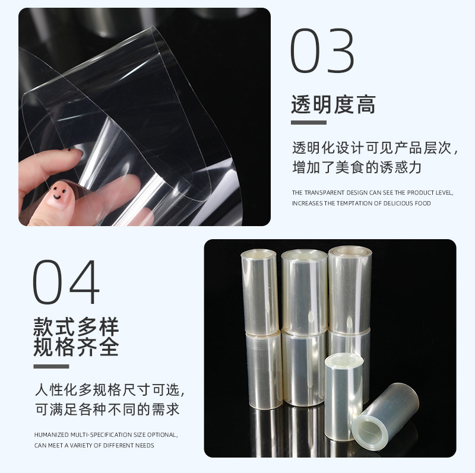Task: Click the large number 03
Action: [x=322, y=51]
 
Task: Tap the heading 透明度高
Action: [x=333, y=105]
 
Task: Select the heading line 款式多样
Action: [x=76, y=327]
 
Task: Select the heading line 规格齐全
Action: [x=76, y=347]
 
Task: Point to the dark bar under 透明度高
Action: [x=308, y=123]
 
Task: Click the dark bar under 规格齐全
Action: [x=51, y=366]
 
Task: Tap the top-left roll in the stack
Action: [x=259, y=291]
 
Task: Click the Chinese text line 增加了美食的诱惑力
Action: [x=356, y=167]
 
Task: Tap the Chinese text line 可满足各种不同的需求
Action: [x=107, y=409]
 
